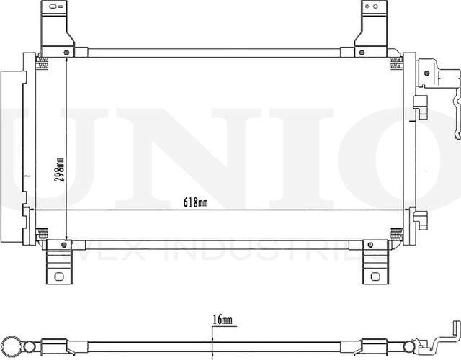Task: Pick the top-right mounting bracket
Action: click(x=371, y=25)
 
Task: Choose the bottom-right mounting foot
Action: click(x=374, y=264)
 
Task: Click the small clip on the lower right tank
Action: click(x=420, y=217)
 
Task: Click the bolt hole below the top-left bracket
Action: click(x=66, y=53)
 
